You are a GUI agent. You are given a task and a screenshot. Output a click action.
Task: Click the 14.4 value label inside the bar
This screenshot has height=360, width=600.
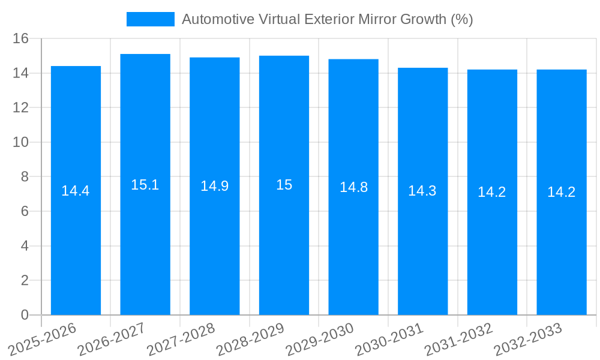(76, 191)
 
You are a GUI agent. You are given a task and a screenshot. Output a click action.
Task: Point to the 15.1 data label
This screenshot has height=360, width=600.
(145, 185)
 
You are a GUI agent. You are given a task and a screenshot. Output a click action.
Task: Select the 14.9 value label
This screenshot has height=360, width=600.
(214, 186)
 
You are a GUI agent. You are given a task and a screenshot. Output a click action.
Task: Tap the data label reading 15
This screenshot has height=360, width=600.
(284, 185)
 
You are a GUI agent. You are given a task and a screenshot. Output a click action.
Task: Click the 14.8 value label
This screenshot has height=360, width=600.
(353, 187)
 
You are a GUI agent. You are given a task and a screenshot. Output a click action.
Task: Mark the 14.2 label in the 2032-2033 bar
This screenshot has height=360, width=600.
(562, 192)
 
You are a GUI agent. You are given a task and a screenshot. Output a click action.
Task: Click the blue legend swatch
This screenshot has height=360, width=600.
(150, 19)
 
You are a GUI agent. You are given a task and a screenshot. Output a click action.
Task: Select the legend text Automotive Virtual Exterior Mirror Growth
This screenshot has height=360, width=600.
(327, 19)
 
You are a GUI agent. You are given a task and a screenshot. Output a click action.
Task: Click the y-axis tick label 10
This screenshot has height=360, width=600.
(21, 142)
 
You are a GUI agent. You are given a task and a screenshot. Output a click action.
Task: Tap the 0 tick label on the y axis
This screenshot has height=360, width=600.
(25, 315)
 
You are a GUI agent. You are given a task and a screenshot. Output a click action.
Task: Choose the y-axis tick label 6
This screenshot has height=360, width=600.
(25, 211)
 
